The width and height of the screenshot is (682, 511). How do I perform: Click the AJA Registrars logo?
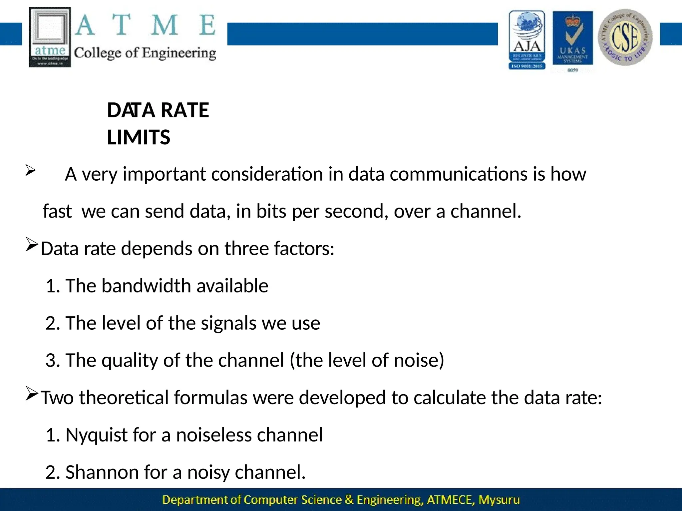527,40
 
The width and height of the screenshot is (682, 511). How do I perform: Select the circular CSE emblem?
625,37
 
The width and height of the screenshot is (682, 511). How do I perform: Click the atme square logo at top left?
50,37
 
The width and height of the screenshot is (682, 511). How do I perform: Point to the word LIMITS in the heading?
139,137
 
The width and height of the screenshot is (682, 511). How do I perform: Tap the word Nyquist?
96,435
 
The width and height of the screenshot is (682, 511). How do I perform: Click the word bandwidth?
147,286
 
